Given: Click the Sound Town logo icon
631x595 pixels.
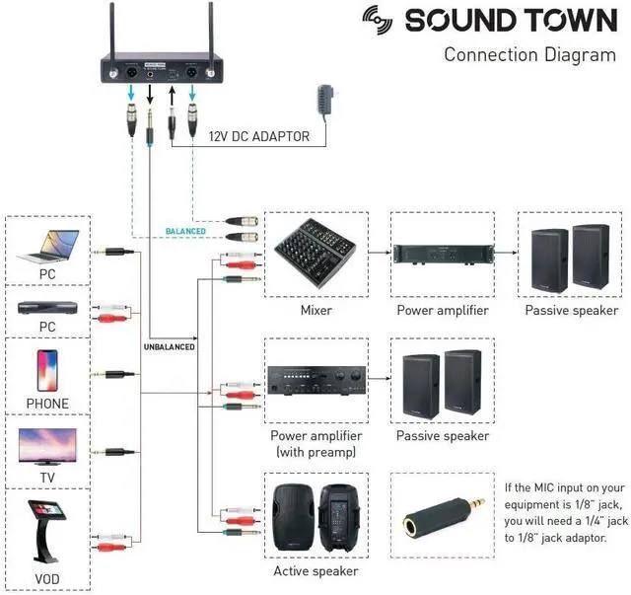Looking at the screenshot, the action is pyautogui.click(x=377, y=20).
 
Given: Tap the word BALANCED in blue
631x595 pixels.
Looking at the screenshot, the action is pyautogui.click(x=185, y=231).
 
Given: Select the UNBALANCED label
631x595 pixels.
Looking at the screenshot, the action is pyautogui.click(x=170, y=347).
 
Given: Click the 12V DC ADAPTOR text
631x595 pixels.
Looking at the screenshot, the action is pyautogui.click(x=259, y=136).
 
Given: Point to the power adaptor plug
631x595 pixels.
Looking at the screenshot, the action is pyautogui.click(x=326, y=102).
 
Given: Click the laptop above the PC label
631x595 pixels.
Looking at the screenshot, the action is pyautogui.click(x=48, y=246).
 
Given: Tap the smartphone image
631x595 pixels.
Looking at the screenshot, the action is pyautogui.click(x=47, y=371).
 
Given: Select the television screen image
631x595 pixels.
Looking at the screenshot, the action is pyautogui.click(x=47, y=446).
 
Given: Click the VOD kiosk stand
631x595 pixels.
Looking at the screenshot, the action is pyautogui.click(x=46, y=531).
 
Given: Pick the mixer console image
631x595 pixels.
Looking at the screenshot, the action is pyautogui.click(x=315, y=254).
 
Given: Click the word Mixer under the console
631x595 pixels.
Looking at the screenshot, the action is pyautogui.click(x=316, y=310).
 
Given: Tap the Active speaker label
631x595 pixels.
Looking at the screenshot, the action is pyautogui.click(x=315, y=571).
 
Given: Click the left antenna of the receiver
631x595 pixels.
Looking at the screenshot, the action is pyautogui.click(x=112, y=39).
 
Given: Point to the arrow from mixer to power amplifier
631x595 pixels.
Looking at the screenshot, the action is pyautogui.click(x=380, y=253).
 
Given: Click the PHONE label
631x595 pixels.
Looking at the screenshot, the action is pyautogui.click(x=47, y=404).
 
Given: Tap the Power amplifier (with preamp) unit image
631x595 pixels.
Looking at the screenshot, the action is pyautogui.click(x=316, y=380).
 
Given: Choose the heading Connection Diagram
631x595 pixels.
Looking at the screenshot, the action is pyautogui.click(x=530, y=55).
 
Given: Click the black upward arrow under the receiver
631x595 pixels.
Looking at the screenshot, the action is pyautogui.click(x=173, y=97).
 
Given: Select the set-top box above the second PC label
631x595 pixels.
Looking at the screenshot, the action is pyautogui.click(x=47, y=308).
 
